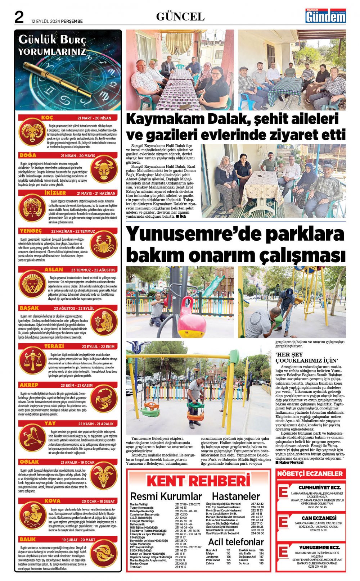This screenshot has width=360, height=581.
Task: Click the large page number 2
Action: pos(19,17)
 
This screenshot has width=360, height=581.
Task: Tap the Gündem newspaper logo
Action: pos(326,17)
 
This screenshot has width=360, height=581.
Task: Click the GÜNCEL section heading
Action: pos(180,17)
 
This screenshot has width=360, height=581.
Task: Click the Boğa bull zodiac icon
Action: pos(103,169)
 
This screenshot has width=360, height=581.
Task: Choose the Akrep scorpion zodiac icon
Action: pos(103,399)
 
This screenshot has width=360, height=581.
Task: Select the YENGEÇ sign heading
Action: pos(31,231)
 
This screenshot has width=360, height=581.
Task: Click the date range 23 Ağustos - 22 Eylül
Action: pos(74,309)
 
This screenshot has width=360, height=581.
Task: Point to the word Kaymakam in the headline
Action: pos(162,119)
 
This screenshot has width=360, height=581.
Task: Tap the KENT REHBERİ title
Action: pos(198,481)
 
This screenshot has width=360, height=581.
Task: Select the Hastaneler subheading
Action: pos(235,496)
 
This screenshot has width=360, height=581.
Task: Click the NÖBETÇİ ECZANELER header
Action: pos(310,474)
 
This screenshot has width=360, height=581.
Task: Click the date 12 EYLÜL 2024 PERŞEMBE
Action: pos(57,21)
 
